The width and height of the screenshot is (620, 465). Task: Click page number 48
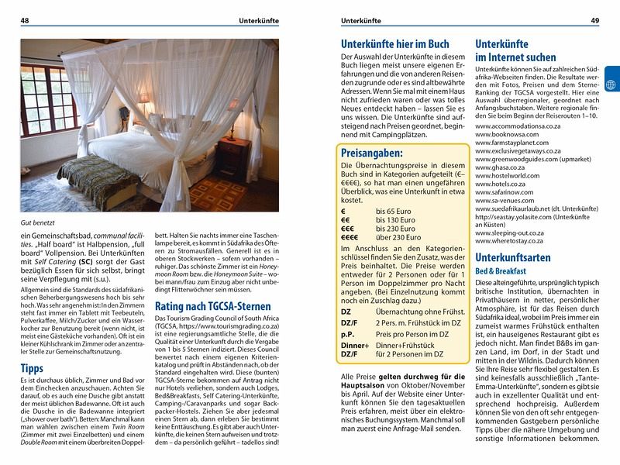(25, 20)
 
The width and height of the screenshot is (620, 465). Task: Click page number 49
(594, 20)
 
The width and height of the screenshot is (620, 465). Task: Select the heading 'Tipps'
(32, 368)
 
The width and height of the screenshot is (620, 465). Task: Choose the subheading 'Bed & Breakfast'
(501, 271)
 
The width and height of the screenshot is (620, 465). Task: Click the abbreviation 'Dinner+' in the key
(355, 344)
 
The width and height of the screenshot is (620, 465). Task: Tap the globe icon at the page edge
(611, 84)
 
